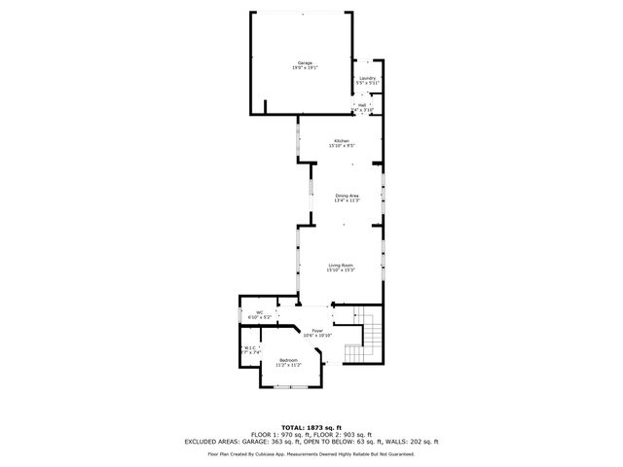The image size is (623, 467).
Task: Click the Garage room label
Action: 305,62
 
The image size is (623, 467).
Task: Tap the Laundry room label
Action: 367,78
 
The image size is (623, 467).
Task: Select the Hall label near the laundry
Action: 362,105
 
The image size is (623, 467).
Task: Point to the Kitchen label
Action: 341,141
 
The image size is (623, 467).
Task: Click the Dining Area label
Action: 348,196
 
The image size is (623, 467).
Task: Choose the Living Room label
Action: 340,265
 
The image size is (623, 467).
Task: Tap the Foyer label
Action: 317,331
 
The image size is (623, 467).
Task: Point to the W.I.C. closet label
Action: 250,348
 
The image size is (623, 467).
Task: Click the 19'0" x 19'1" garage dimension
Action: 305,68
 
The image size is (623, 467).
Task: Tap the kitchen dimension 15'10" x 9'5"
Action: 341,146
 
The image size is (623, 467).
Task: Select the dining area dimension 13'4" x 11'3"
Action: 348,200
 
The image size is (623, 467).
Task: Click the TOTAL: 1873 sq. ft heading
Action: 311,427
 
